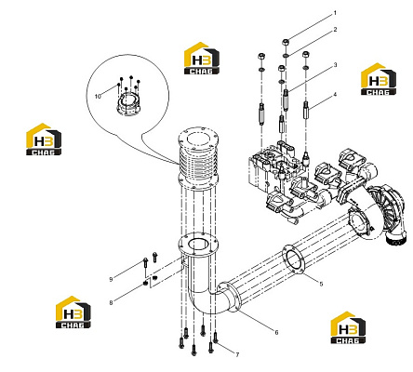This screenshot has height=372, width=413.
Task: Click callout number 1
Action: click(x=335, y=13)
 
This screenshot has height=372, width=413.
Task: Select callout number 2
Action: click(x=335, y=30)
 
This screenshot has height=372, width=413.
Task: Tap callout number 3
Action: click(x=335, y=65)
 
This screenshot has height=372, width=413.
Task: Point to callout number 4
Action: click(x=335, y=95)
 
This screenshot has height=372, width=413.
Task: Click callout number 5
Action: click(x=321, y=284)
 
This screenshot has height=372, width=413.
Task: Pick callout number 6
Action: click(x=276, y=332)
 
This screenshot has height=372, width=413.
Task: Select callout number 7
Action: click(x=237, y=354)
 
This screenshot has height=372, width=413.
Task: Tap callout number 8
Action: click(x=111, y=303)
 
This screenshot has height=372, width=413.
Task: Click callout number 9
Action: click(x=111, y=279)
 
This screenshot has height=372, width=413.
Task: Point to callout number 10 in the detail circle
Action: click(x=98, y=97)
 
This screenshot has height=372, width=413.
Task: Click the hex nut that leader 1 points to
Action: click(x=286, y=42)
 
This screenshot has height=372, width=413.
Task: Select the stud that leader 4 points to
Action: click(x=306, y=111)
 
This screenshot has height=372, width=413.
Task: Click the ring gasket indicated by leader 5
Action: click(x=293, y=259)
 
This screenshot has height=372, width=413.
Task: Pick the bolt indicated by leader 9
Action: click(x=145, y=262)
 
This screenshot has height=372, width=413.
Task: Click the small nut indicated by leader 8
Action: click(x=145, y=283)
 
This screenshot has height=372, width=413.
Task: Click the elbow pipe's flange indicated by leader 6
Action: click(x=230, y=297)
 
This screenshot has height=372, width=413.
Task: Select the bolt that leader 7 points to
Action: click(x=215, y=338)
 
